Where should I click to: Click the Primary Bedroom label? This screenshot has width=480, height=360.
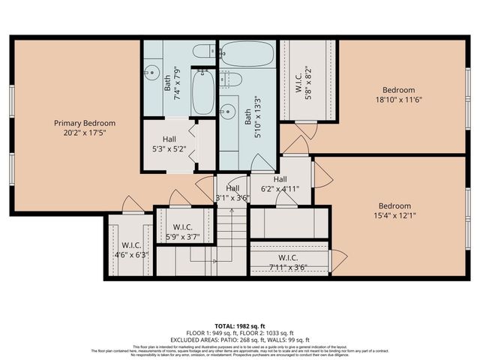tap(84, 123)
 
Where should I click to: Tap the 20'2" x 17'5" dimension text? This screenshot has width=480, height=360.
tap(84, 134)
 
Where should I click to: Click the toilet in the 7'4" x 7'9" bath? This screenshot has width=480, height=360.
tap(200, 52)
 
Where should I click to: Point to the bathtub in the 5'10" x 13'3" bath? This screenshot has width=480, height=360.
tap(248, 53)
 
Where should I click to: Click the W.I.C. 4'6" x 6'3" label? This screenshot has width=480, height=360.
tap(125, 249)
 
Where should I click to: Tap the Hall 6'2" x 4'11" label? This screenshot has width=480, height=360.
tap(280, 184)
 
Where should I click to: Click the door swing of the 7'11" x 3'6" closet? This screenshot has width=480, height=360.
tap(339, 260)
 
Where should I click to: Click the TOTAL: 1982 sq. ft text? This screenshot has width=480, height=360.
tap(239, 325)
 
